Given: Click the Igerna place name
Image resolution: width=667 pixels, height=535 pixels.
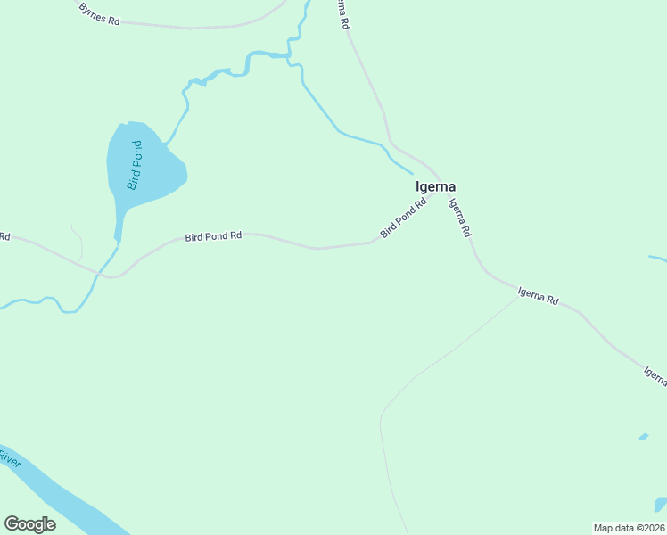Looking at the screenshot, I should pos(436,187).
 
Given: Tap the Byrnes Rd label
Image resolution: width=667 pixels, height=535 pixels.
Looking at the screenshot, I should pos(98,13).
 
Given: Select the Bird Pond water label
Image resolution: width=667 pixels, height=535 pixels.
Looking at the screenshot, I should pos(135,165).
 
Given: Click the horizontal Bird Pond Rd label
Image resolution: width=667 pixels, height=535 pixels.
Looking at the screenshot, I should pos(213,236).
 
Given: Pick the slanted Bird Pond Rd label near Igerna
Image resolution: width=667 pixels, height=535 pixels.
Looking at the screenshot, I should pos(403,218).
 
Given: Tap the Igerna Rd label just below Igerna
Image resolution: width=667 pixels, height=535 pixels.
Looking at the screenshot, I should pos(459,217).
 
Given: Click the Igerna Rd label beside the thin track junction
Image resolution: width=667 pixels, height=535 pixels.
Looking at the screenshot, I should pos(538,295).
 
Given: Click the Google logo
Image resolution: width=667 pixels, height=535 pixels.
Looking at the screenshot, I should pos(29,524).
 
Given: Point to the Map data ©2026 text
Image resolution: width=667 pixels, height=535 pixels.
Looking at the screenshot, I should pos(629,528).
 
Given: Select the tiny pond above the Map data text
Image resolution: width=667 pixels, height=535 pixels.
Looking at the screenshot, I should pos(643,437).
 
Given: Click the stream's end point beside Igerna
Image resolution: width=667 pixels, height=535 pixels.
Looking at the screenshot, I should pos(412,172).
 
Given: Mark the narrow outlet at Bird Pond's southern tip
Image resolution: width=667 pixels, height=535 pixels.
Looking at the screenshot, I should pos(117,237).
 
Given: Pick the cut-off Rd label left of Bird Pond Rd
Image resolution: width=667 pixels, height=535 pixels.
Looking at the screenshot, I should pos(4,236).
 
